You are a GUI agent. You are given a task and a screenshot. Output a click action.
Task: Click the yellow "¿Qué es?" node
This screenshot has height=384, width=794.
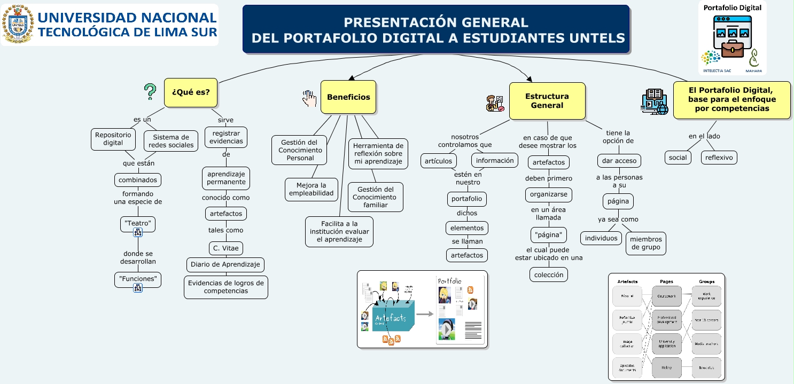click(191, 92)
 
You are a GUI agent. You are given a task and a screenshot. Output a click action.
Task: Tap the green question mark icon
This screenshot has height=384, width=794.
click(150, 92)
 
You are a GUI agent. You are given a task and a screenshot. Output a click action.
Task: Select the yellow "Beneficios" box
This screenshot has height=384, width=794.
click(348, 97)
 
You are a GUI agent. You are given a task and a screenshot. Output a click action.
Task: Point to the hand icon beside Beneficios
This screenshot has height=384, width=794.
click(309, 98)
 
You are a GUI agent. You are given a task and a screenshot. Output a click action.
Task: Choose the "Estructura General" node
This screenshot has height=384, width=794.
click(547, 101)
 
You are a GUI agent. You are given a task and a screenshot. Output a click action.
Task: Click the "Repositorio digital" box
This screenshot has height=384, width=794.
click(113, 139)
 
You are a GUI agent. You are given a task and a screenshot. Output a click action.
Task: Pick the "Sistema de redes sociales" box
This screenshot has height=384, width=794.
click(171, 141)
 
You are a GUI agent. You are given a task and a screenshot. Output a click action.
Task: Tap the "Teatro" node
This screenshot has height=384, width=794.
click(138, 223)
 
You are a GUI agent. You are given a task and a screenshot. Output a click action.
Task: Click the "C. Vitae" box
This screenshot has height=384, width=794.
click(225, 248)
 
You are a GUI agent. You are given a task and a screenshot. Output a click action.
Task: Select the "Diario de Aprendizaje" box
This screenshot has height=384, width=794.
click(225, 264)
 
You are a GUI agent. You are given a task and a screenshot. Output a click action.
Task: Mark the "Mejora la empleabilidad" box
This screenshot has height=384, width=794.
click(311, 189)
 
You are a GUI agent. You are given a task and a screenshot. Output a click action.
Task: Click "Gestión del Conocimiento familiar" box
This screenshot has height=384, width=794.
click(375, 197)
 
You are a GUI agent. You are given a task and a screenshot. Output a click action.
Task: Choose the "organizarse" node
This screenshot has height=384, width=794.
click(548, 194)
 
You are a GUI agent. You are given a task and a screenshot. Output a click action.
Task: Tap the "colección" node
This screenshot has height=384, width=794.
click(549, 275)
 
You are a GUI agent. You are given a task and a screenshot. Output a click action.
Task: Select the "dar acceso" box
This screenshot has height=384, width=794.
click(618, 161)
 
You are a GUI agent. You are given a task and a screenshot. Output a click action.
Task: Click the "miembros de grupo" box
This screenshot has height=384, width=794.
click(646, 243)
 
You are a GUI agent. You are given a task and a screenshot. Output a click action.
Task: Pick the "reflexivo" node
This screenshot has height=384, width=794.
click(719, 158)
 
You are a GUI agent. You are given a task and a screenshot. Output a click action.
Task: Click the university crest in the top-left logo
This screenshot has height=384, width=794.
click(18, 24)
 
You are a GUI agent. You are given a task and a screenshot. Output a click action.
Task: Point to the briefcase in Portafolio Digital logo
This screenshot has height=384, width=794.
click(732, 50)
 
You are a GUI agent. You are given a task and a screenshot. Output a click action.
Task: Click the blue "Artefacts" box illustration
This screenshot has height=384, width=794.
click(393, 319)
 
